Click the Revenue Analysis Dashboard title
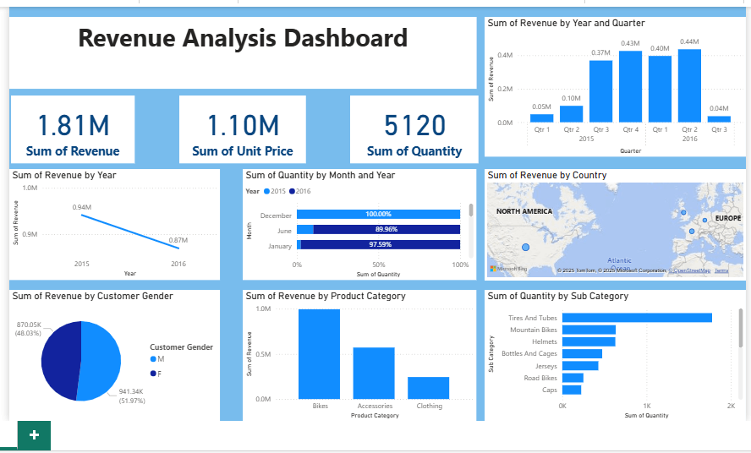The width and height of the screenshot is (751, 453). point(243,38)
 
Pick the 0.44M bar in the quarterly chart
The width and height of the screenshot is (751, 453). point(690,85)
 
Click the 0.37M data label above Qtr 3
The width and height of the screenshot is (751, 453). point(601,52)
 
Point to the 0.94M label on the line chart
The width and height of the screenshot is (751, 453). point(82,207)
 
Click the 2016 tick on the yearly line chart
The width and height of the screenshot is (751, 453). point(178,265)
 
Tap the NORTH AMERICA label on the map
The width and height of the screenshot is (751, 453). point(524,211)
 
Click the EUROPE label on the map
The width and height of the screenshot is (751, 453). point(727,218)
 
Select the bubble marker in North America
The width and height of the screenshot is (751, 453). point(526,247)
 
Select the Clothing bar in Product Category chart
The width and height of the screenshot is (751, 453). point(429,388)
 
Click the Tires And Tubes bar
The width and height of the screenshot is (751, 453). point(637,318)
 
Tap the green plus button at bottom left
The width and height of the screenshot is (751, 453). point(34,434)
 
